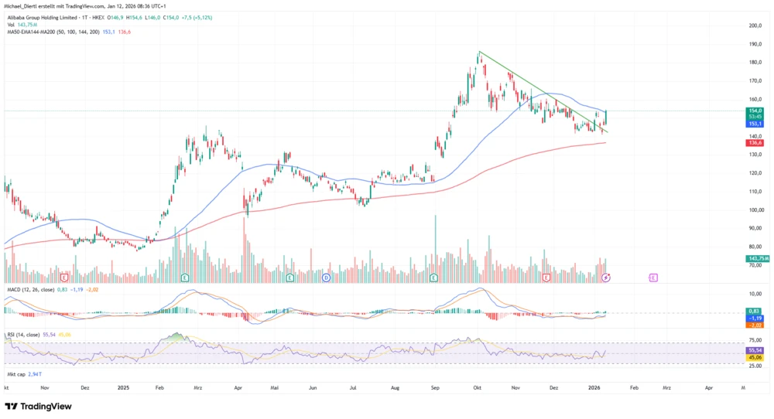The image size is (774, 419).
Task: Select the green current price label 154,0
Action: [x=755, y=111]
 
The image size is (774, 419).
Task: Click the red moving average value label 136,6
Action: [x=755, y=143]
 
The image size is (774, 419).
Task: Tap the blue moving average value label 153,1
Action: [x=755, y=124]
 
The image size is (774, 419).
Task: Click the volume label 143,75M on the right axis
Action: [x=756, y=258]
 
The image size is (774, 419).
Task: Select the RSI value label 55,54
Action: [x=755, y=350]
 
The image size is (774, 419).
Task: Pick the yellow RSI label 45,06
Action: [x=755, y=357]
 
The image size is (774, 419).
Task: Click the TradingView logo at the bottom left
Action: [x=38, y=407]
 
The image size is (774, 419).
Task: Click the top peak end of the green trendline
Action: [x=479, y=52]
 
